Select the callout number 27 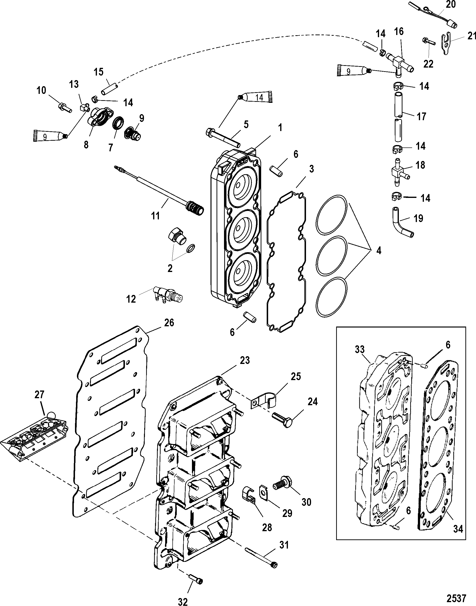(x=39, y=395)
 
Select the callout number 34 (x=458, y=529)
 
